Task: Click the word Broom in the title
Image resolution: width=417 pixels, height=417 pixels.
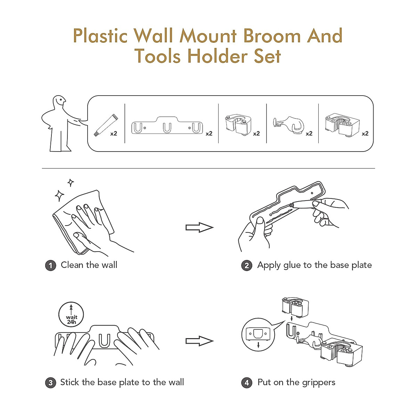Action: pos(271,36)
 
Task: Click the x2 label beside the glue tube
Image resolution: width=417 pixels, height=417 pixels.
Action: pos(114,133)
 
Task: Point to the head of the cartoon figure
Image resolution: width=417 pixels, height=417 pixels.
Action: pos(59,103)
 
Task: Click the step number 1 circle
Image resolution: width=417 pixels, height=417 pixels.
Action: pos(50,265)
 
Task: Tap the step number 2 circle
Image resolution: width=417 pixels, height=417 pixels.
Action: pos(247,265)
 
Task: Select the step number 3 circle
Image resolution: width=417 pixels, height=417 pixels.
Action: pos(50,383)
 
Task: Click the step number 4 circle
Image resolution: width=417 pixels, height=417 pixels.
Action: pos(247,383)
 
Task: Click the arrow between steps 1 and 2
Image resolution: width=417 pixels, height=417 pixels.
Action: pos(199,228)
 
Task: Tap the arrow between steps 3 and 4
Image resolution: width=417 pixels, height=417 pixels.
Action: pos(199,341)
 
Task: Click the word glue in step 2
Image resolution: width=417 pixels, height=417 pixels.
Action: pos(292,265)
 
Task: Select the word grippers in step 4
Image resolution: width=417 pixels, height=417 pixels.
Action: pos(318,383)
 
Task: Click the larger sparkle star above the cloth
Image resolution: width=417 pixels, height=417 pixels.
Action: pos(59,196)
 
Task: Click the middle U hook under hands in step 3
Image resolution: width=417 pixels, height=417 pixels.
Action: pos(104,341)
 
